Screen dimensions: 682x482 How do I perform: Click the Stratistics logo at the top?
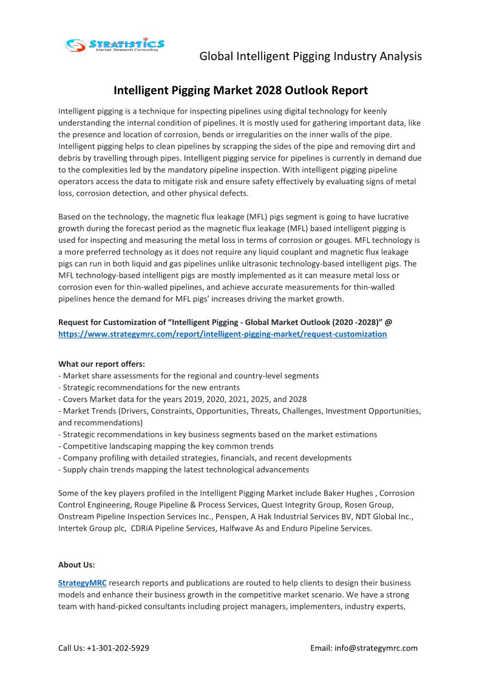115,45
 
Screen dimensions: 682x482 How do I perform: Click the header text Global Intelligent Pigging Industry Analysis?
310,56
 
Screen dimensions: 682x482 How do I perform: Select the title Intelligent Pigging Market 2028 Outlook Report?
240,90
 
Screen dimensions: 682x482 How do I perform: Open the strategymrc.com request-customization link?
222,334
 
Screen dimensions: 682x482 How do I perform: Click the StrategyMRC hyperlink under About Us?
83,583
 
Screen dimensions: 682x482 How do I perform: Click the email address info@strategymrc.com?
376,648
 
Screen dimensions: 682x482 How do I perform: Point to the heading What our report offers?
101,364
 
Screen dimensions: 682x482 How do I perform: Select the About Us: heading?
76,564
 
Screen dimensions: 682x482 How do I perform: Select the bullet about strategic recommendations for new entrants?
149,387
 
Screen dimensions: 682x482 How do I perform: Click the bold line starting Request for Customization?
229,322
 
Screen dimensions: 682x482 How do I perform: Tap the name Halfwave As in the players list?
241,528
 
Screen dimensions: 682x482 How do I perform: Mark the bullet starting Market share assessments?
188,376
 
